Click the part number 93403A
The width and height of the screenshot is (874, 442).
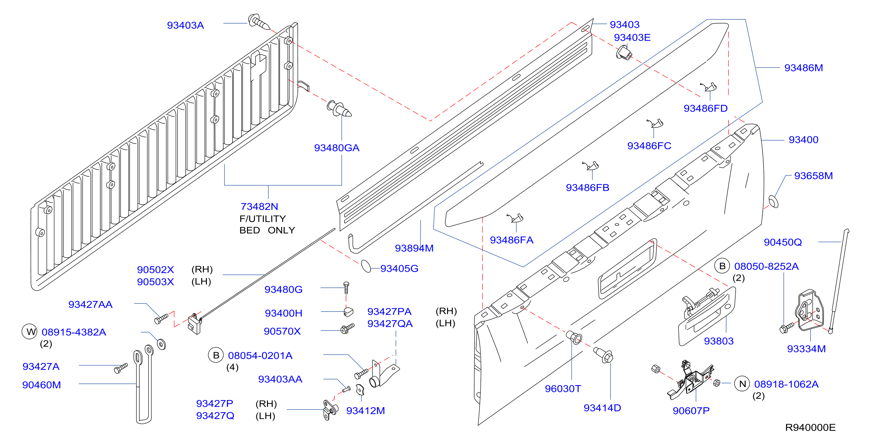pos(185,25)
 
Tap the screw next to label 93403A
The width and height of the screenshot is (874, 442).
pos(259,22)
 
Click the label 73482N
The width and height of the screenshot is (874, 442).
pos(259,206)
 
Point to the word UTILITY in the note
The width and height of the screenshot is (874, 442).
pos(267,219)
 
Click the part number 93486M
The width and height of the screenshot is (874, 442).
pos(803,68)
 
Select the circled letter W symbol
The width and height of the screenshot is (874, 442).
pos(29,332)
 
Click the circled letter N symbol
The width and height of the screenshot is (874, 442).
pos(742,384)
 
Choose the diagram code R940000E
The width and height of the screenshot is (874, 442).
pos(810,427)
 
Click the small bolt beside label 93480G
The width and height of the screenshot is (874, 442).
pos(346,287)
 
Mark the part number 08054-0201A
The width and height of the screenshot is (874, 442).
pos(260,355)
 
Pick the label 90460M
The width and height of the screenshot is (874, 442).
pos(41,385)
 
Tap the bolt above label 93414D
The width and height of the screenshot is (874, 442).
pos(603,354)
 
